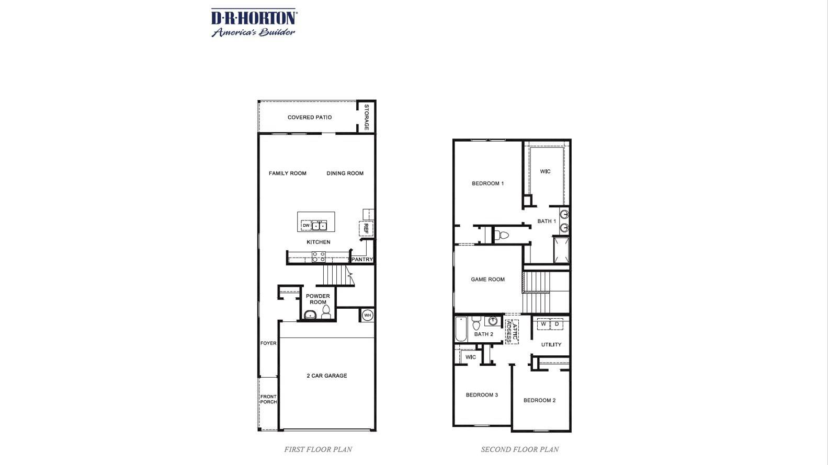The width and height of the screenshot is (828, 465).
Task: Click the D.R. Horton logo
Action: tap(254, 22)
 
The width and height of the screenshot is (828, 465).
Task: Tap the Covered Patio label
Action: tap(309, 117)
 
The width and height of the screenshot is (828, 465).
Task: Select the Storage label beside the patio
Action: tap(367, 117)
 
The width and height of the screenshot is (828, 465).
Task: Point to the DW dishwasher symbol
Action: tap(306, 226)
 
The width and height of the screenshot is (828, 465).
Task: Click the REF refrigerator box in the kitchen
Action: tap(366, 228)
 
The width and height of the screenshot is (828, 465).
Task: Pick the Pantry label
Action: tap(362, 259)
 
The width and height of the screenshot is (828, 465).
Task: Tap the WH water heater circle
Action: tap(367, 315)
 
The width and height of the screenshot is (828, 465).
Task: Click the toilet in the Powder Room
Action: tap(326, 312)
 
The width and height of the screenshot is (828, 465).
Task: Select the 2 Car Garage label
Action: tap(326, 376)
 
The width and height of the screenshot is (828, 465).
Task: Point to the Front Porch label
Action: tap(268, 399)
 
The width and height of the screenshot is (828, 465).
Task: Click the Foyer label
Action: tap(268, 343)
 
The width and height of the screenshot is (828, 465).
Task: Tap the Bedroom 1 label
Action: tap(487, 183)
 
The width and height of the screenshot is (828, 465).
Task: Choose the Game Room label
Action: tap(487, 280)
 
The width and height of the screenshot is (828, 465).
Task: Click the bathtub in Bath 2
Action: tap(461, 329)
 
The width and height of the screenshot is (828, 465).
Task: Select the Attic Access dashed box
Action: tap(512, 332)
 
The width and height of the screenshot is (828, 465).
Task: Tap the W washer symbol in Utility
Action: tap(543, 324)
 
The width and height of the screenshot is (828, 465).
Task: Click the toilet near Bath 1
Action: tap(502, 235)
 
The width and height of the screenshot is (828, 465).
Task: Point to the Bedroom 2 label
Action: tap(539, 400)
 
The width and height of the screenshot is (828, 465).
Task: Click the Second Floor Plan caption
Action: tap(519, 449)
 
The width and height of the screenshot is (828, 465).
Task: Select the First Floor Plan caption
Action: tap(318, 449)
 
